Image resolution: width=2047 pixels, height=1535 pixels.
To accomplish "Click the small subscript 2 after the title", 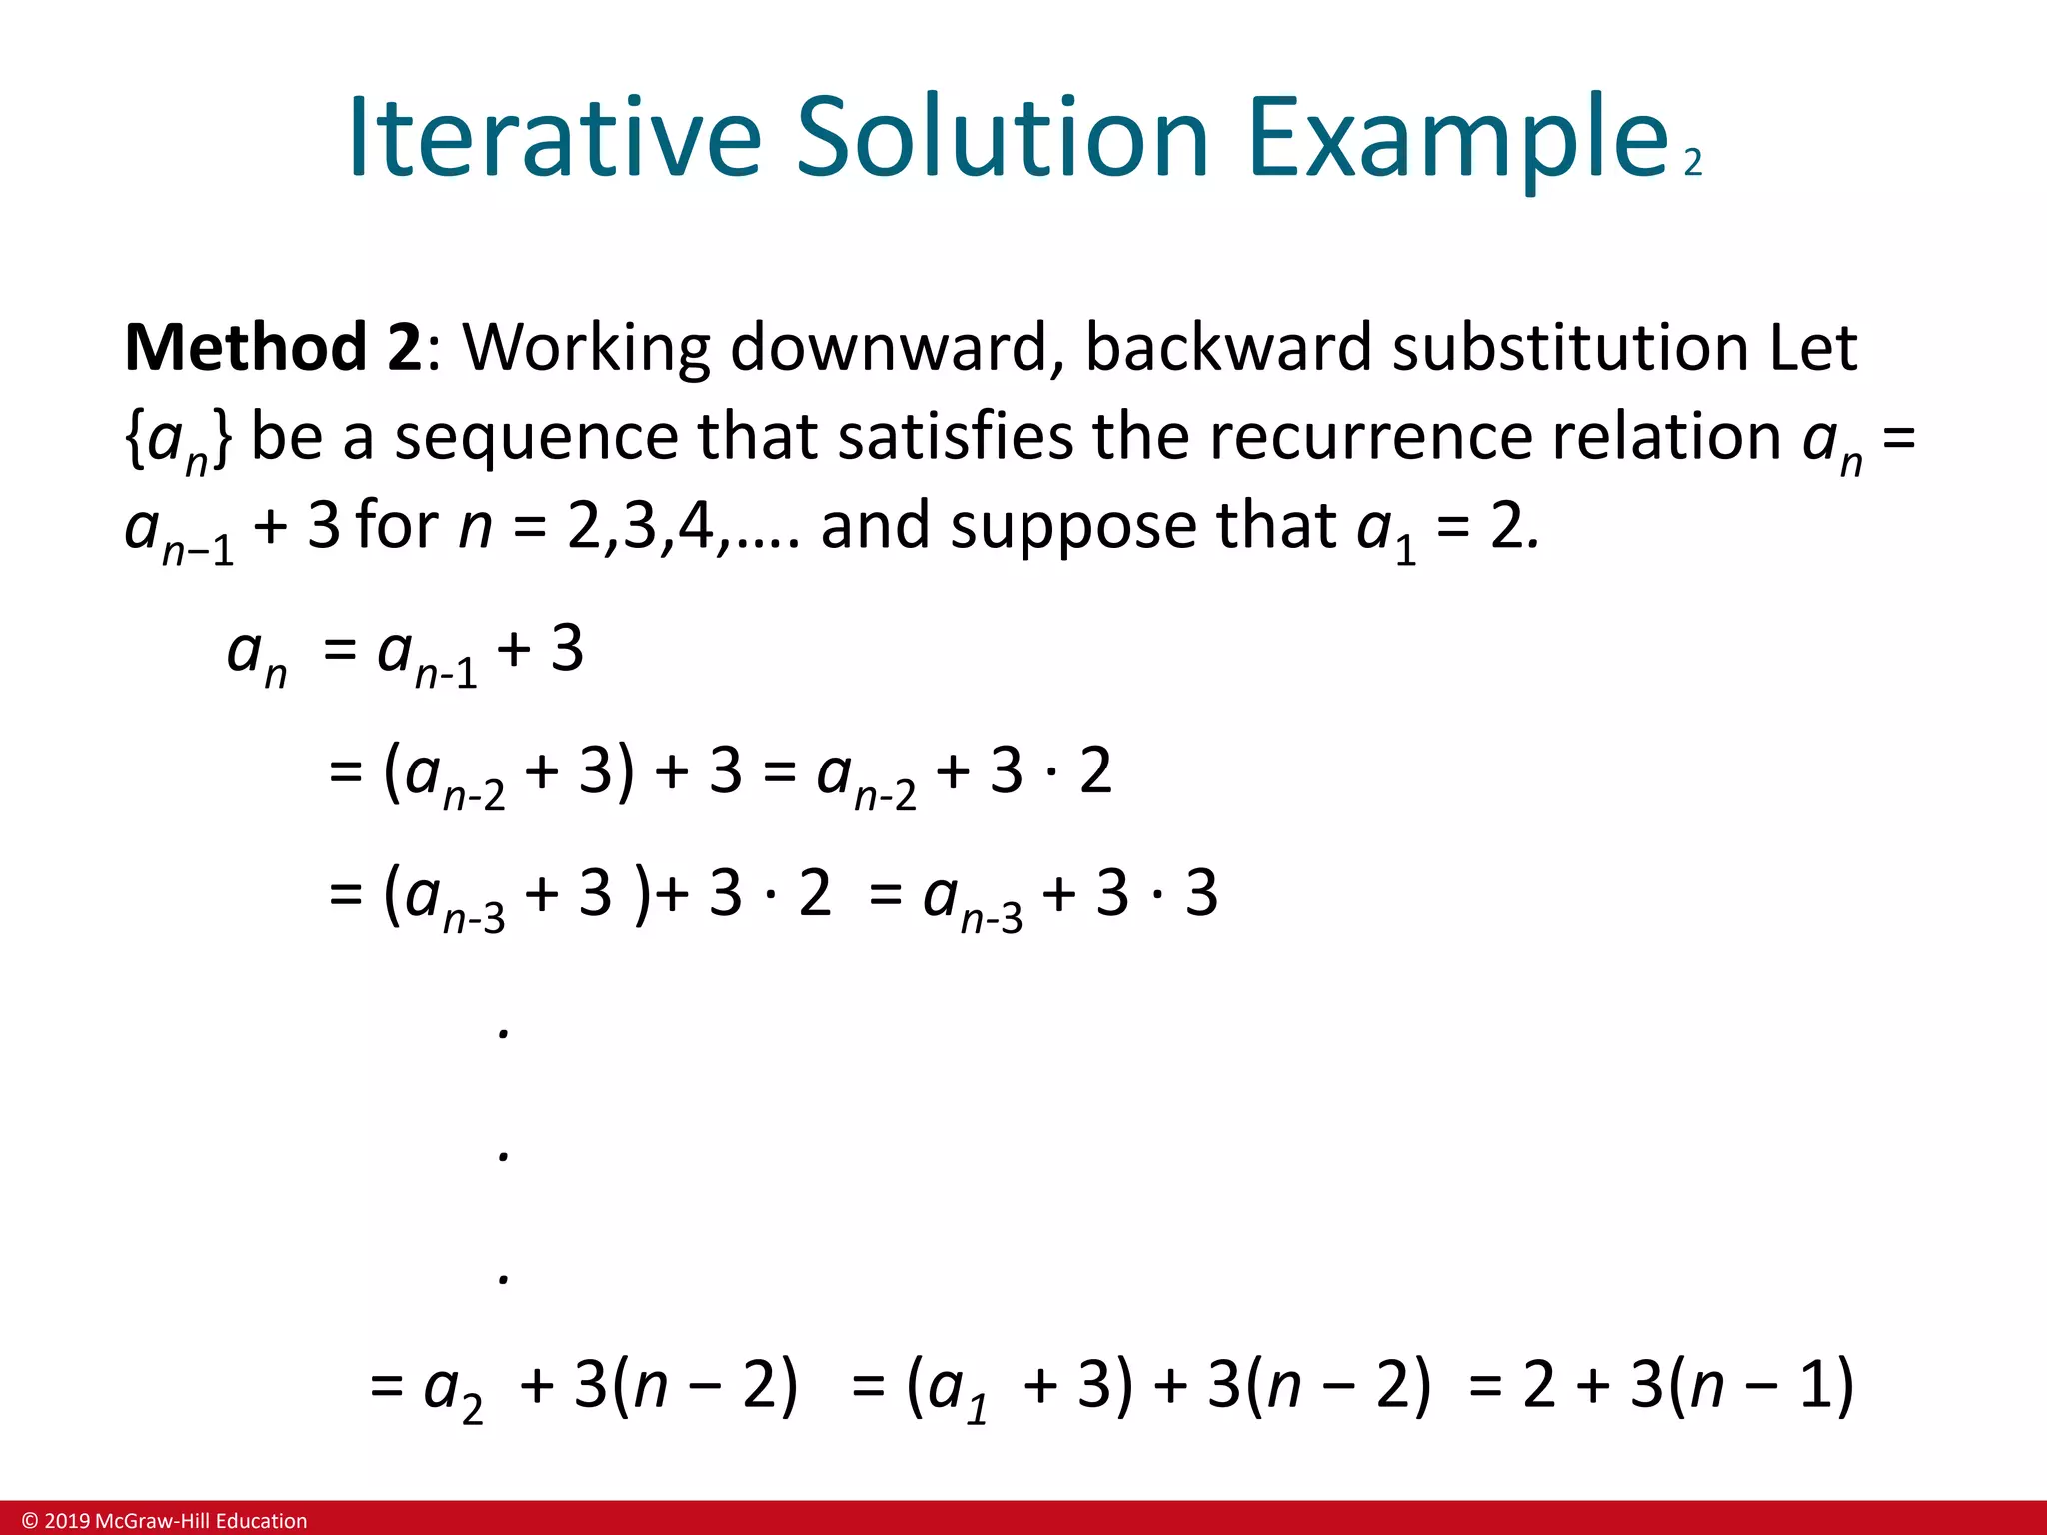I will point(1692,163).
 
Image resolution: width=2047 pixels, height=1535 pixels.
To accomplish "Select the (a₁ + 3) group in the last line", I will point(1020,1387).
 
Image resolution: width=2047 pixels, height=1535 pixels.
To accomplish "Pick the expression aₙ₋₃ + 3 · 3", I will point(1069,895).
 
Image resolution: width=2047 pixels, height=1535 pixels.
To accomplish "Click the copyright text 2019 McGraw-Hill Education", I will point(165,1521).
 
